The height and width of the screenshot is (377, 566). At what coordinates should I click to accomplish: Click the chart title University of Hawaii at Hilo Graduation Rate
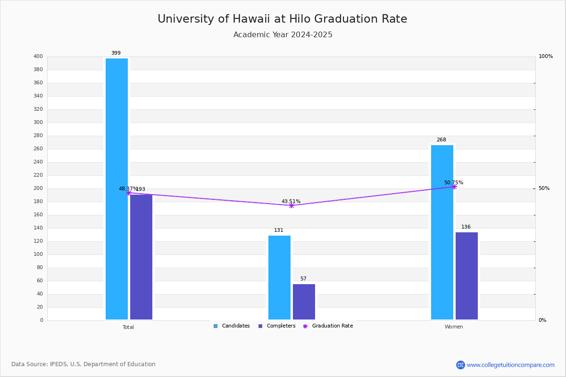pyautogui.click(x=282, y=19)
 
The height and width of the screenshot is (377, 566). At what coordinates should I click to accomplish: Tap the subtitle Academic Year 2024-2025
pyautogui.click(x=283, y=35)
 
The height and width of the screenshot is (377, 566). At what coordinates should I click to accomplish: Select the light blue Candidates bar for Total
pyautogui.click(x=117, y=188)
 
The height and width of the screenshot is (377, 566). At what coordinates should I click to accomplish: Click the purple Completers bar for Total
pyautogui.click(x=141, y=257)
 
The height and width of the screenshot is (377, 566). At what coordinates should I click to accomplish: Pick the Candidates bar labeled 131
pyautogui.click(x=279, y=278)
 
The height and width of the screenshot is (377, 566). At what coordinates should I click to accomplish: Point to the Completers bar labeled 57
pyautogui.click(x=304, y=302)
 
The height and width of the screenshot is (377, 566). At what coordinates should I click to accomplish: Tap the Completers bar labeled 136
pyautogui.click(x=466, y=276)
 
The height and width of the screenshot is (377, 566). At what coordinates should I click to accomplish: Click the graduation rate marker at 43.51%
pyautogui.click(x=291, y=205)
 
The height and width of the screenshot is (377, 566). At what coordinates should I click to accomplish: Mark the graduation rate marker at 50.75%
pyautogui.click(x=454, y=187)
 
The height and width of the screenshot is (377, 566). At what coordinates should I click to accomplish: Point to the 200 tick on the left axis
pyautogui.click(x=38, y=188)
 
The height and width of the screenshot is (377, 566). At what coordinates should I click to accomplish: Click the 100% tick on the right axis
pyautogui.click(x=546, y=57)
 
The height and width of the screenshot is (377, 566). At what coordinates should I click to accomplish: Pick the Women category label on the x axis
pyautogui.click(x=454, y=327)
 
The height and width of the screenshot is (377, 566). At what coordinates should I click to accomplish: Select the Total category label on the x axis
pyautogui.click(x=128, y=327)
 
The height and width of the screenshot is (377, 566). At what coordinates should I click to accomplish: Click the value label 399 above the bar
pyautogui.click(x=116, y=53)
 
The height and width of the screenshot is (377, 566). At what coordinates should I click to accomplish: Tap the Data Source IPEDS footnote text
pyautogui.click(x=83, y=364)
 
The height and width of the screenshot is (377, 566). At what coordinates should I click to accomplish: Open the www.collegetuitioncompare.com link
pyautogui.click(x=510, y=365)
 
